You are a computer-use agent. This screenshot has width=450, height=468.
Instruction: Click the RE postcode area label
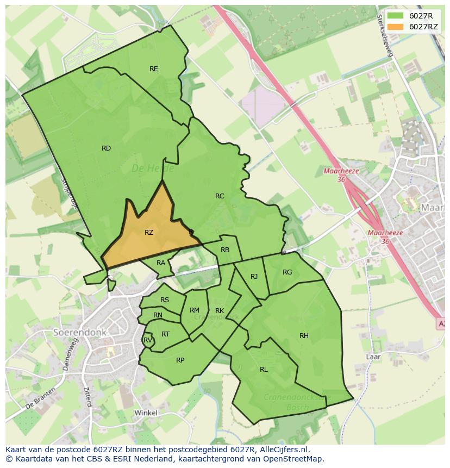click(154, 69)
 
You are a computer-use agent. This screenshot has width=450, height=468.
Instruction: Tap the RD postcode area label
click(106, 148)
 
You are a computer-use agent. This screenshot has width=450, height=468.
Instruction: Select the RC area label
click(220, 196)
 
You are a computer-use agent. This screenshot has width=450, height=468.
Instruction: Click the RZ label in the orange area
click(149, 233)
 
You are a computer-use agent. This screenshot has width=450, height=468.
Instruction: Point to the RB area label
click(225, 250)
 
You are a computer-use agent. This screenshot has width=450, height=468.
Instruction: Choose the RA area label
click(161, 263)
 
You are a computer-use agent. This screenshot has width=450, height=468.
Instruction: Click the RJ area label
click(254, 277)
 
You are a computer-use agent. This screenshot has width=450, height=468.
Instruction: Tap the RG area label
click(287, 272)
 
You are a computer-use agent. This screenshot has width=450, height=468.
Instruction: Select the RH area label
click(304, 336)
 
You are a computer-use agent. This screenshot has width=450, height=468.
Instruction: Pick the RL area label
click(264, 370)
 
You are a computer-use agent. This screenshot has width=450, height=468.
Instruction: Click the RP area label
click(180, 360)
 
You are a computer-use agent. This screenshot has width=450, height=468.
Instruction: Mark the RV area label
click(147, 341)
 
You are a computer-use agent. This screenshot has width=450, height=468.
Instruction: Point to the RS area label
click(165, 300)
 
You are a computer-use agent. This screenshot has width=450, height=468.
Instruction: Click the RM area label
click(195, 310)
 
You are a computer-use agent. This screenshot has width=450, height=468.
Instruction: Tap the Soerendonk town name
click(80, 332)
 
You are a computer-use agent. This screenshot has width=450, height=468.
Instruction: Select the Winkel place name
click(146, 413)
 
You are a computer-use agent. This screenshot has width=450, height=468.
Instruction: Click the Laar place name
click(373, 357)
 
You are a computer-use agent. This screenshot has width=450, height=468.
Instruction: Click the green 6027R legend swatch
click(396, 16)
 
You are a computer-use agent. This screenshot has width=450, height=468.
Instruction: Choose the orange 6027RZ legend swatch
click(396, 27)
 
